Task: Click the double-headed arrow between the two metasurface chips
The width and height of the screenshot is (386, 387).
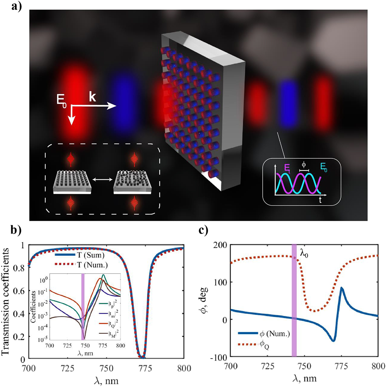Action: tap(102, 179)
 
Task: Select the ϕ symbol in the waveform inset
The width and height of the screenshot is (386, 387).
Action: tap(304, 165)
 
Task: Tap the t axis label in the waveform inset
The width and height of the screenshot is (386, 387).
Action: tap(320, 201)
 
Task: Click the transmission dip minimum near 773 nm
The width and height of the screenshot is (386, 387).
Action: tap(142, 357)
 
